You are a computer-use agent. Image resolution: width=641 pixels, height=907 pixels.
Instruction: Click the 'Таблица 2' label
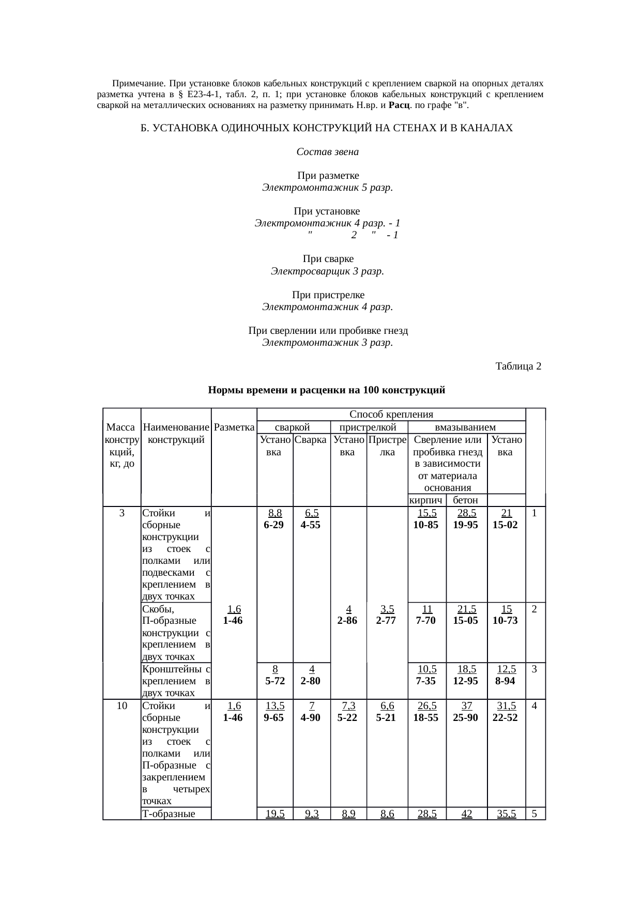click(518, 366)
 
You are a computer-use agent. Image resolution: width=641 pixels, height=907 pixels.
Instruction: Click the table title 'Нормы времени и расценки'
click(326, 390)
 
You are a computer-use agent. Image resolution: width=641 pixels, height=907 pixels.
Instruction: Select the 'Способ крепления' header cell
click(391, 414)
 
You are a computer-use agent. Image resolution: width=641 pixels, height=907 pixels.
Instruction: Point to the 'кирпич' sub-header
click(426, 500)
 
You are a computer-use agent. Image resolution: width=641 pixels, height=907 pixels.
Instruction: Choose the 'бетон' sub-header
click(465, 500)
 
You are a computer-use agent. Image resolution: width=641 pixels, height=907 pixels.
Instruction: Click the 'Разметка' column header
click(234, 427)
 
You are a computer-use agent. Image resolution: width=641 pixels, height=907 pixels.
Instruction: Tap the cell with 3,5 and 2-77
click(386, 615)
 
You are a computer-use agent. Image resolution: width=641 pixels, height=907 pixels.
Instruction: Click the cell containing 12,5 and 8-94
click(505, 675)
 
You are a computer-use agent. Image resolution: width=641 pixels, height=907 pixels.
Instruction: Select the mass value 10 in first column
click(122, 706)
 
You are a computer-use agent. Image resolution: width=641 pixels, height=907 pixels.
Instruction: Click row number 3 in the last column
click(535, 669)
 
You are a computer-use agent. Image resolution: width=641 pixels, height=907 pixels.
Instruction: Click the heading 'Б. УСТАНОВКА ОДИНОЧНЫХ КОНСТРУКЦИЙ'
click(327, 128)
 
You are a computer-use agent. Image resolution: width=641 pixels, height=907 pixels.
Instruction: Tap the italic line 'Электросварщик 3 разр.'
click(327, 271)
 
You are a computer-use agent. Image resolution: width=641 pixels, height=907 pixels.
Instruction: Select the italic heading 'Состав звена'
click(327, 152)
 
